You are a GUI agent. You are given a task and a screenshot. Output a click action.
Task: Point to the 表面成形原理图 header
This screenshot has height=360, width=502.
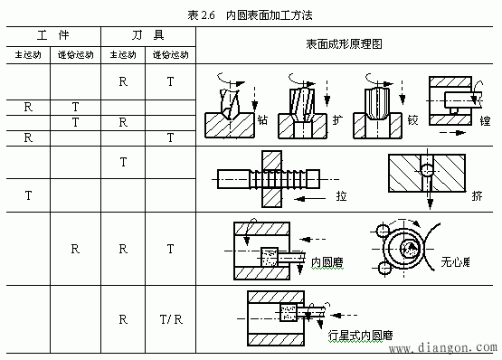pos(347,44)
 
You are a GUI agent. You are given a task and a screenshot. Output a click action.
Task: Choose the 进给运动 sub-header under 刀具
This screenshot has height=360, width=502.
pos(169,55)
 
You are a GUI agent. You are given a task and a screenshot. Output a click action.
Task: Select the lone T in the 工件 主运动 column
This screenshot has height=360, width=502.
pos(28,194)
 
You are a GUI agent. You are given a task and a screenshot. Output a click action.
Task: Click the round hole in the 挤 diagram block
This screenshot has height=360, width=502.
pos(426,169)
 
